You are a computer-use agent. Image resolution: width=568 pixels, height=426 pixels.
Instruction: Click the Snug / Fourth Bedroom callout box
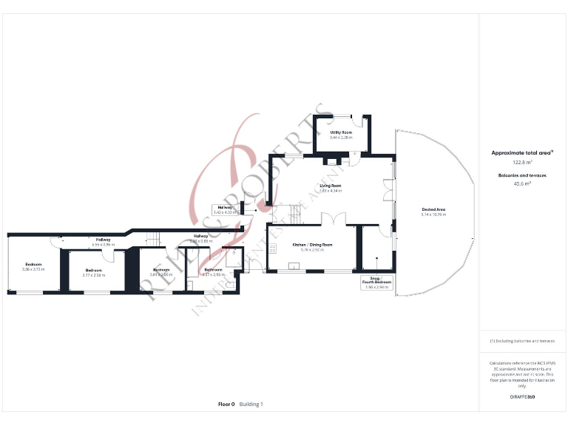pos(376,283)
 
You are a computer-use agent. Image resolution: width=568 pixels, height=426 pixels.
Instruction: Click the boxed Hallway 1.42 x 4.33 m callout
pos(223,209)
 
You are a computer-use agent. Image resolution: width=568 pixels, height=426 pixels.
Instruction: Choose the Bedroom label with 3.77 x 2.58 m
pos(93,272)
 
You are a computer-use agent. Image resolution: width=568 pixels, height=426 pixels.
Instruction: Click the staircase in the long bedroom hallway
pos(154,238)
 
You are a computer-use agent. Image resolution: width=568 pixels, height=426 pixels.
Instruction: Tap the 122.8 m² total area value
pos(522,162)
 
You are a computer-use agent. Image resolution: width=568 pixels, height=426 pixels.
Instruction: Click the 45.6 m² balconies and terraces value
pos(522,184)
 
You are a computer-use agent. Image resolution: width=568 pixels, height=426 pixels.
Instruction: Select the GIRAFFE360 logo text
pos(522,398)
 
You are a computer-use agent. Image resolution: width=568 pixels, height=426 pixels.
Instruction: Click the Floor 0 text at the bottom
pos(226,405)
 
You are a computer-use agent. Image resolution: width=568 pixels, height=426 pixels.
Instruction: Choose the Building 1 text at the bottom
pos(251,405)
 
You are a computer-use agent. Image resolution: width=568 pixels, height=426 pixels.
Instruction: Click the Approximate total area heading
pos(522,153)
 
